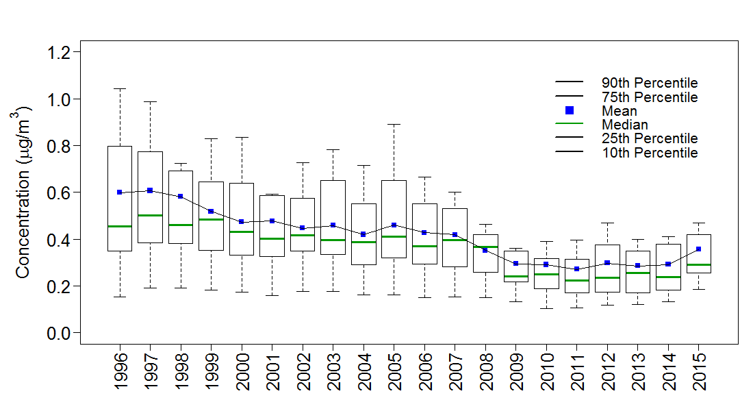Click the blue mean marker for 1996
pyautogui.click(x=120, y=192)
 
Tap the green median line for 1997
pyautogui.click(x=150, y=215)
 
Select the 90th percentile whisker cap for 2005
pyautogui.click(x=394, y=125)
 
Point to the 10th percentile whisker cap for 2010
pyautogui.click(x=546, y=308)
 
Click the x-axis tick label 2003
pyautogui.click(x=333, y=373)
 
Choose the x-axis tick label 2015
pyautogui.click(x=698, y=373)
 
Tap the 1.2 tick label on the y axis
pyautogui.click(x=60, y=53)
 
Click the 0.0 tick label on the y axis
pyautogui.click(x=60, y=333)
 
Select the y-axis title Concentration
pyautogui.click(x=23, y=192)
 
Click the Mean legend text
pyautogui.click(x=619, y=111)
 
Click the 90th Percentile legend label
pyautogui.click(x=650, y=84)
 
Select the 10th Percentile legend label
pyautogui.click(x=650, y=153)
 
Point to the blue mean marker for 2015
pyautogui.click(x=698, y=249)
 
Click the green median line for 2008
pyautogui.click(x=485, y=247)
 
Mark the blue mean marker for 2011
pyautogui.click(x=576, y=269)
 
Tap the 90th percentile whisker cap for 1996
pyautogui.click(x=120, y=89)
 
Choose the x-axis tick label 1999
pyautogui.click(x=211, y=373)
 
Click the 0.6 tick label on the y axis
pyautogui.click(x=60, y=193)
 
